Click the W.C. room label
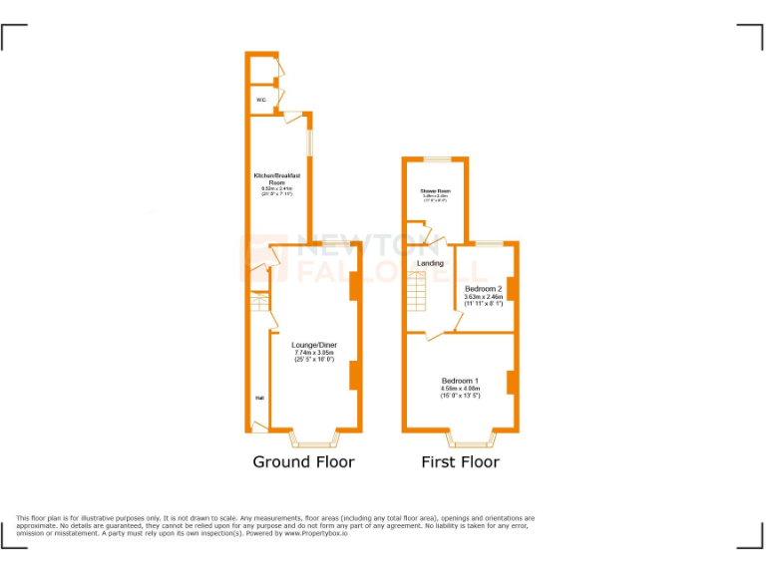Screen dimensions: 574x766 tap(260, 100)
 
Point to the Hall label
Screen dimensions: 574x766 tap(258, 398)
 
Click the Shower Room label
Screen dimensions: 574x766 tap(435, 190)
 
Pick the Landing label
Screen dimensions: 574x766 tap(430, 263)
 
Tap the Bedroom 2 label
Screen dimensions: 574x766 tap(483, 289)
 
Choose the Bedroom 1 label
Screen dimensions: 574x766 tap(461, 381)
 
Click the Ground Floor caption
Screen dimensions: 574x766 tap(303, 461)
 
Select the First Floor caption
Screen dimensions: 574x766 tap(460, 461)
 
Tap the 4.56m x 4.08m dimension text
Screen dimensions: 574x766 tap(461, 389)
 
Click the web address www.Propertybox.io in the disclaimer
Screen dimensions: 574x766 tap(316, 533)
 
